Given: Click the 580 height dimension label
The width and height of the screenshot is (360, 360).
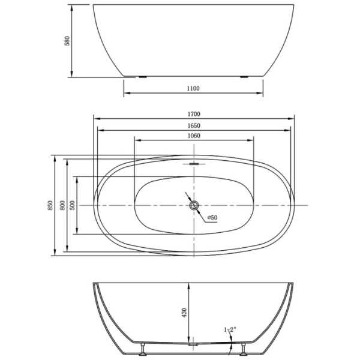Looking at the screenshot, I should click(x=68, y=41).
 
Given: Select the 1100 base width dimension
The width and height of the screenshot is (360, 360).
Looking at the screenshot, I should click(x=193, y=89).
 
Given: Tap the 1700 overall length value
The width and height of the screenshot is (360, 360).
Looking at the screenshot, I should click(x=193, y=114).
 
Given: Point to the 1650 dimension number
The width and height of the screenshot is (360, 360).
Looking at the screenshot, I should click(x=193, y=125).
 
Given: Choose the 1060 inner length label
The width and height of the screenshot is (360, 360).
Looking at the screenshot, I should click(x=193, y=136).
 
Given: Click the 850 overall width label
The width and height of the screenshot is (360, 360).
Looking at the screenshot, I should click(x=51, y=205).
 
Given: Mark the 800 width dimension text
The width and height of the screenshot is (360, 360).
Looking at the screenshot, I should click(x=62, y=205).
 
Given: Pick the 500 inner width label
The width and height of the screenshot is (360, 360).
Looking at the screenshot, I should click(x=73, y=205).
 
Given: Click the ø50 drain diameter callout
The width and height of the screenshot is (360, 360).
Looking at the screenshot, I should click(x=212, y=217).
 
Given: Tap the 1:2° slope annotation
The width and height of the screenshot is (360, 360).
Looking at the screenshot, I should click(x=230, y=329).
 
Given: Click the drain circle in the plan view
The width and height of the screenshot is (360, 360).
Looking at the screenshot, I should click(x=193, y=205).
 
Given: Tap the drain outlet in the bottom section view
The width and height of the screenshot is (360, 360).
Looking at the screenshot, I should click(x=192, y=344).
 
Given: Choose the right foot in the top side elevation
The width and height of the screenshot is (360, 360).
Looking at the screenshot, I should click(x=245, y=77).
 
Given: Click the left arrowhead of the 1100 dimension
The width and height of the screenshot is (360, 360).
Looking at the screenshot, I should click(x=126, y=95).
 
